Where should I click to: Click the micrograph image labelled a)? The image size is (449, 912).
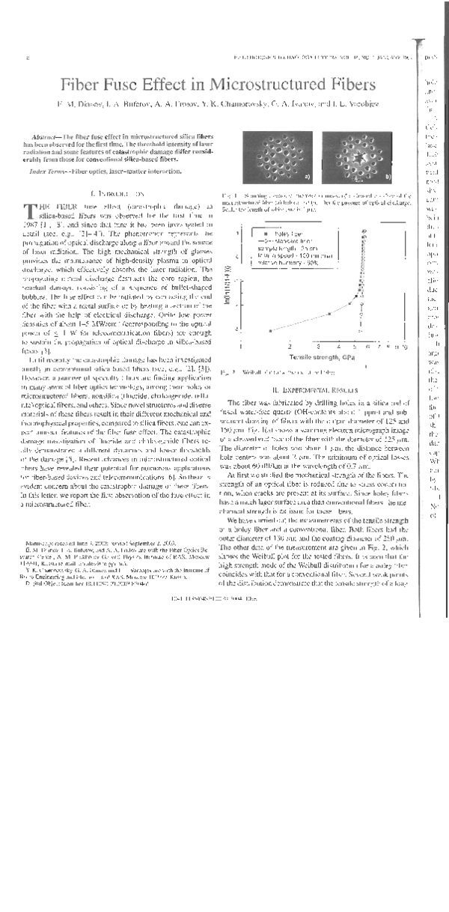coord(281,159)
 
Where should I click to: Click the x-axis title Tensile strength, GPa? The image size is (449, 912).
coord(322,358)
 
